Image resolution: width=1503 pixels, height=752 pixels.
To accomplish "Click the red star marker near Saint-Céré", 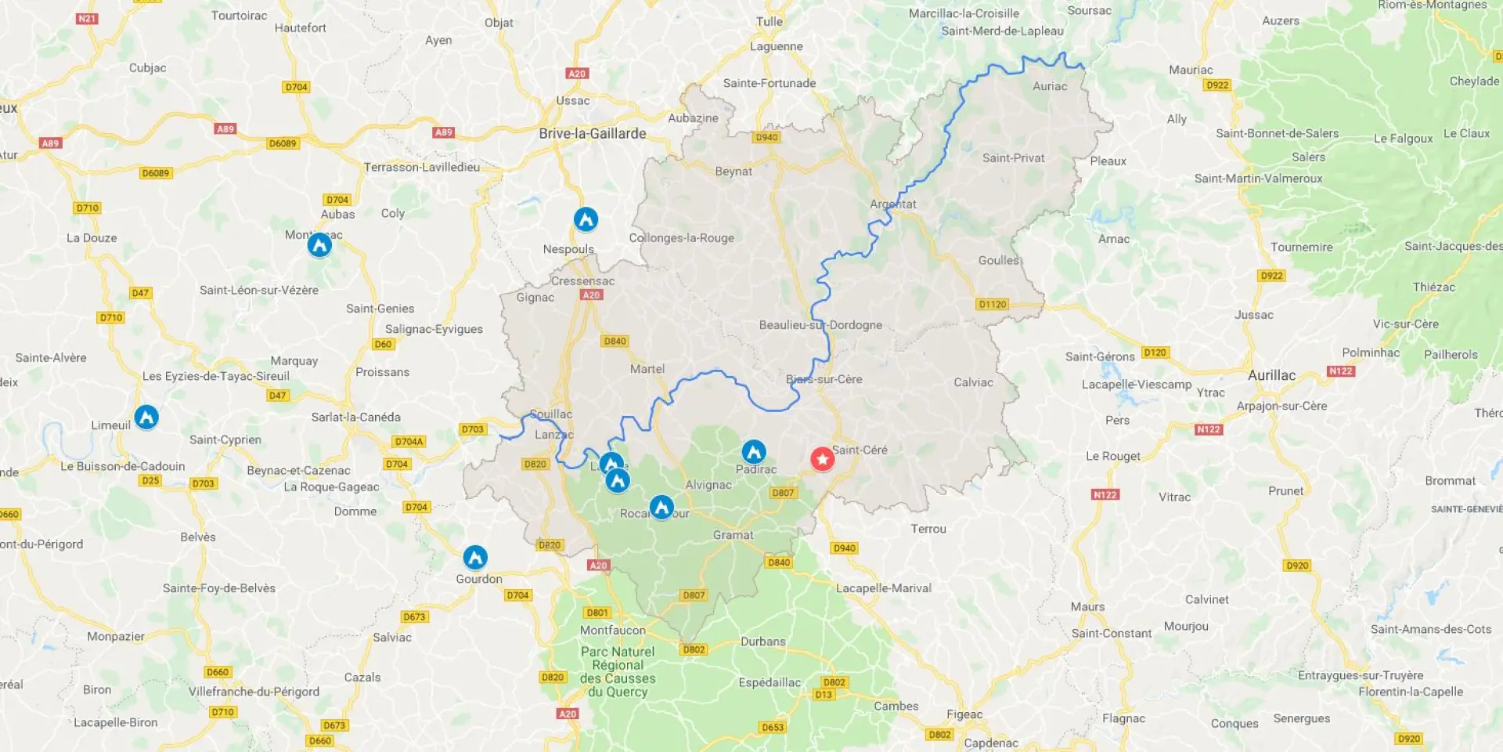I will click(822, 458).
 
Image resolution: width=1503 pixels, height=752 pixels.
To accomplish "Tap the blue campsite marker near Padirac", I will click(753, 451).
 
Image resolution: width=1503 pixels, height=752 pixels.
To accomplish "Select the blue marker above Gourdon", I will click(475, 557).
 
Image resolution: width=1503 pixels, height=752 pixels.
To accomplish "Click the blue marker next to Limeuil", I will click(146, 417).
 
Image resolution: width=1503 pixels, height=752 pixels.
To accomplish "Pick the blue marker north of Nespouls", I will click(586, 219).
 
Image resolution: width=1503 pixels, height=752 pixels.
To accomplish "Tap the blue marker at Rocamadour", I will click(661, 507).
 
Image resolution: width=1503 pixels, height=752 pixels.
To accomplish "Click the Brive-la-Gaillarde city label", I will click(593, 134).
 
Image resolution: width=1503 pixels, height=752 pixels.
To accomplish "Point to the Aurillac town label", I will click(1271, 375).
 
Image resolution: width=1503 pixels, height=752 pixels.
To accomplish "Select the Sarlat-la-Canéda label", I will click(356, 417).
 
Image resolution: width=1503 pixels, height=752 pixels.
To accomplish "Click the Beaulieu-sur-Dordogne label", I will click(820, 325).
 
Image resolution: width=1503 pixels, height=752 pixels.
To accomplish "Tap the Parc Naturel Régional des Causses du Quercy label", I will click(618, 671).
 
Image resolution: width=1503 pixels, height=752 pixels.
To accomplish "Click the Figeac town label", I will click(964, 714).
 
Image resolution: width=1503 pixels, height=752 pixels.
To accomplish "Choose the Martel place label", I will click(647, 369).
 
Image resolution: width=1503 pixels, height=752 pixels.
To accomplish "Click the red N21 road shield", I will click(87, 18).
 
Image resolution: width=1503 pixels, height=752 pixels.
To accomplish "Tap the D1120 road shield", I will click(992, 304).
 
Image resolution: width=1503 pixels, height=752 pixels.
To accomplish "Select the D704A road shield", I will click(409, 442).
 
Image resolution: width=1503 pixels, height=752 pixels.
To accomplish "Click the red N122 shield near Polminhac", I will click(1340, 371).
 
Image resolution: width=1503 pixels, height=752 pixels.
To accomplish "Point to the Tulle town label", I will click(769, 22).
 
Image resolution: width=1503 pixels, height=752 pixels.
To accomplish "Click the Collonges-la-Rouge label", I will click(682, 238).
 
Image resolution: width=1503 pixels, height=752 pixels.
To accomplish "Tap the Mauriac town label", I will click(1191, 70).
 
